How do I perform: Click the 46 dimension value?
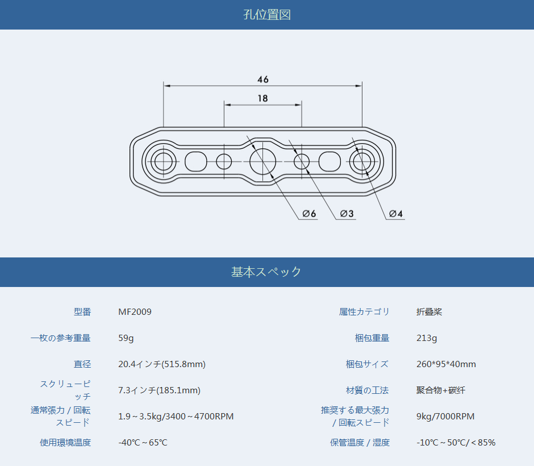click(263, 80)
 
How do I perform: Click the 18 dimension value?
click(262, 98)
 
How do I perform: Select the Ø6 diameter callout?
click(309, 214)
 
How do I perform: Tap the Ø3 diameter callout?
click(347, 214)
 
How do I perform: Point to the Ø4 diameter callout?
click(396, 214)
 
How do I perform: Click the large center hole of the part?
click(262, 161)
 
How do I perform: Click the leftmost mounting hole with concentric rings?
click(164, 161)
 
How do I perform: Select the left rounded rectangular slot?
click(196, 161)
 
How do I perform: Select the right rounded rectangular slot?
click(329, 161)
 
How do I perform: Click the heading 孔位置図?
click(267, 15)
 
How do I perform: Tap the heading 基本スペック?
click(266, 272)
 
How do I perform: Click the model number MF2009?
click(135, 311)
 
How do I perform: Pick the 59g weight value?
click(126, 338)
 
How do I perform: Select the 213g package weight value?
click(427, 338)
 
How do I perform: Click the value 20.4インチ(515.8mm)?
click(162, 364)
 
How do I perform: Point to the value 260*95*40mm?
click(446, 364)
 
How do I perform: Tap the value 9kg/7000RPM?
click(445, 416)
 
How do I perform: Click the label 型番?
click(82, 311)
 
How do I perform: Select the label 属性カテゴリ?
click(364, 311)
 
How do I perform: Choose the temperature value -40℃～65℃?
click(143, 443)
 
